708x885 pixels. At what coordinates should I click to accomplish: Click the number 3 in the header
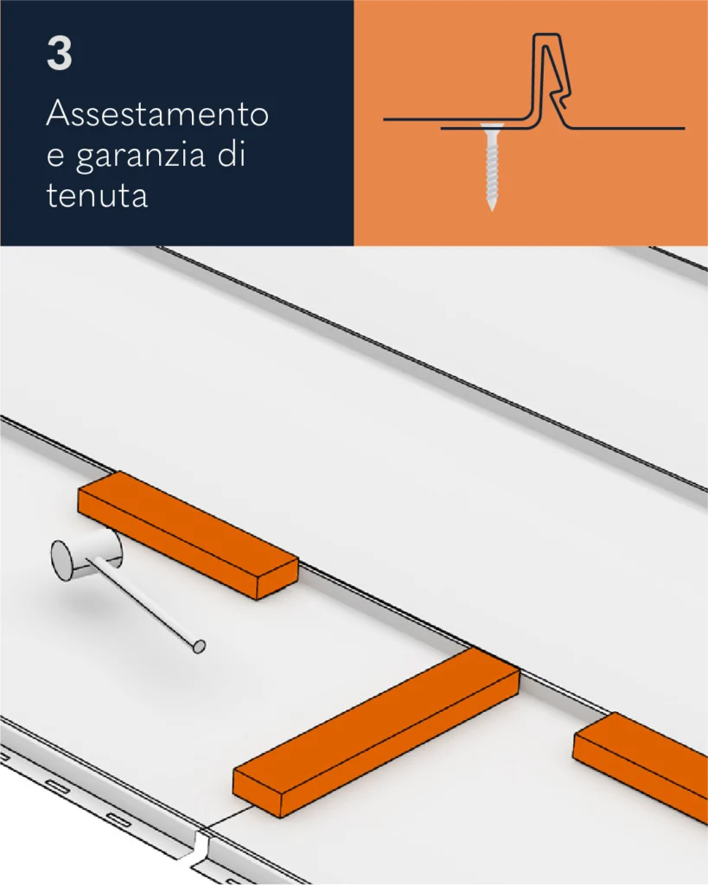pyautogui.click(x=60, y=54)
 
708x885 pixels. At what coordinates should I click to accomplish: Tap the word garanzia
pyautogui.click(x=140, y=156)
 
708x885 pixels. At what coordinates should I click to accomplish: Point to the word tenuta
pyautogui.click(x=97, y=195)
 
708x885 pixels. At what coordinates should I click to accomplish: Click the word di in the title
pyautogui.click(x=232, y=154)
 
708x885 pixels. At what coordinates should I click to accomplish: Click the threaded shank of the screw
pyautogui.click(x=492, y=167)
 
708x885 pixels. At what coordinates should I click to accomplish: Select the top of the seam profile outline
pyautogui.click(x=547, y=35)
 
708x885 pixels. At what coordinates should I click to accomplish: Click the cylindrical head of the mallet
pyautogui.click(x=86, y=557)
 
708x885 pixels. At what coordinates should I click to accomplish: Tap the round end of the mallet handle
pyautogui.click(x=199, y=646)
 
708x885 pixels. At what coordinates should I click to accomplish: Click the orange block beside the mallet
pyautogui.click(x=188, y=534)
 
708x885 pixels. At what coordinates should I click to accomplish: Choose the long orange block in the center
pyautogui.click(x=376, y=732)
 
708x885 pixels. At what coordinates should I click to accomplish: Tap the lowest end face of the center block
pyautogui.click(x=257, y=794)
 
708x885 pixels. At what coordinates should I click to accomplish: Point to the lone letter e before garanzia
pyautogui.click(x=54, y=156)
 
